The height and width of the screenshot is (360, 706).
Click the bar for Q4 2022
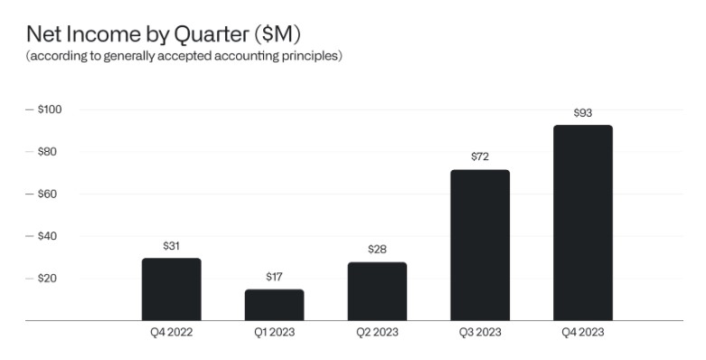(x=171, y=289)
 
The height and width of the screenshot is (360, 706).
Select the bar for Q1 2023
(x=274, y=305)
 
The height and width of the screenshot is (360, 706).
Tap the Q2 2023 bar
(x=377, y=291)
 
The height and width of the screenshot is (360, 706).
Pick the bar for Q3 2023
(x=480, y=245)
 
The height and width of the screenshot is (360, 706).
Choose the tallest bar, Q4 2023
(x=583, y=223)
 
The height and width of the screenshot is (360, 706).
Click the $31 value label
(x=171, y=246)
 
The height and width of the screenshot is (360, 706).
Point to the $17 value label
(x=274, y=277)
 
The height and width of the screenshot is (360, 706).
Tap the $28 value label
(x=377, y=249)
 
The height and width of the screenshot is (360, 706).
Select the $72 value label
(x=480, y=156)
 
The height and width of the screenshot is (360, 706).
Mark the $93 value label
(x=583, y=113)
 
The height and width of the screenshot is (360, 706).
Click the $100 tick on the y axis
(x=50, y=109)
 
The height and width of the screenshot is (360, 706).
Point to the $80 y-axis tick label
(x=49, y=151)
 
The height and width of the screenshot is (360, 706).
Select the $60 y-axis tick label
(x=49, y=194)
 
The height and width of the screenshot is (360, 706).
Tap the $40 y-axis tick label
(x=49, y=236)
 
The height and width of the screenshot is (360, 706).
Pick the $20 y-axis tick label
(x=49, y=279)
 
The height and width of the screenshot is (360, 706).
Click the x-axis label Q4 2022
(x=171, y=332)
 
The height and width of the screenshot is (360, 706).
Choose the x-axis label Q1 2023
(x=274, y=332)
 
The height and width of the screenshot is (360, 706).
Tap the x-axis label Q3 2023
(x=480, y=332)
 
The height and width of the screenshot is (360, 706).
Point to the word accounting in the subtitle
(x=222, y=56)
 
